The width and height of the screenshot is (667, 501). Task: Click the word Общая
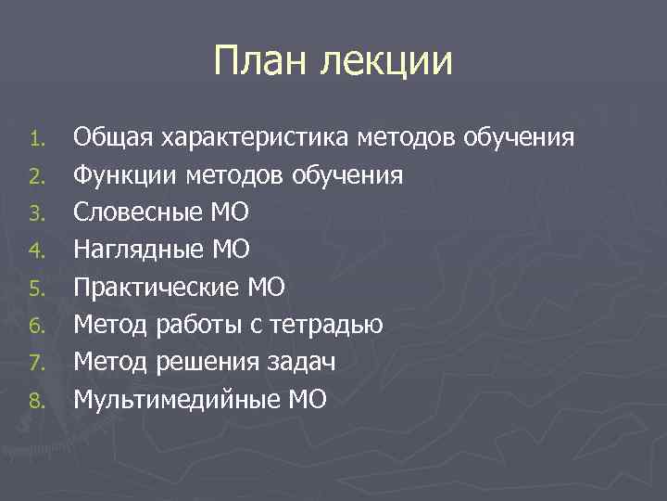pyautogui.click(x=113, y=139)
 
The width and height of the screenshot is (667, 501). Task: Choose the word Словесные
pyautogui.click(x=135, y=213)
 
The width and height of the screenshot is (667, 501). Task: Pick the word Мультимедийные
pyautogui.click(x=176, y=400)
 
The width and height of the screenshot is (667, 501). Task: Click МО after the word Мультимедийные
pyautogui.click(x=308, y=400)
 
